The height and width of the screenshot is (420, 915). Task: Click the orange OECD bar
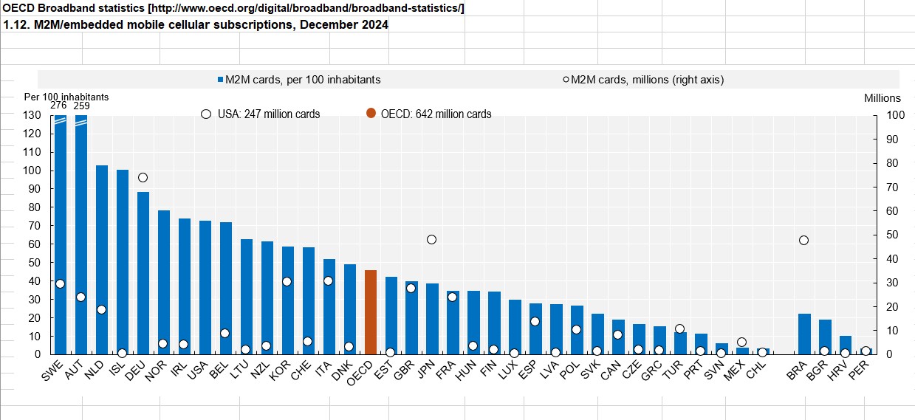371,312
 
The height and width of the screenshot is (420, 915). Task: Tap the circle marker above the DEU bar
143,177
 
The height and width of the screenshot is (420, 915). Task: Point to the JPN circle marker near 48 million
432,239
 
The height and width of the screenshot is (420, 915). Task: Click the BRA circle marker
803,240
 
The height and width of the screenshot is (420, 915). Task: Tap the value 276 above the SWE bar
58,106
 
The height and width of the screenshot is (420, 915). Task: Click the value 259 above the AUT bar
81,106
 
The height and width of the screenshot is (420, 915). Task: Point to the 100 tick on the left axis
32,171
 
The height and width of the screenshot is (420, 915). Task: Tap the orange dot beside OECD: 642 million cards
371,114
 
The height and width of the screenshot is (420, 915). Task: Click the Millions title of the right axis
883,97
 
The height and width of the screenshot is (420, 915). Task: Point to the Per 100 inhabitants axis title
66,97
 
